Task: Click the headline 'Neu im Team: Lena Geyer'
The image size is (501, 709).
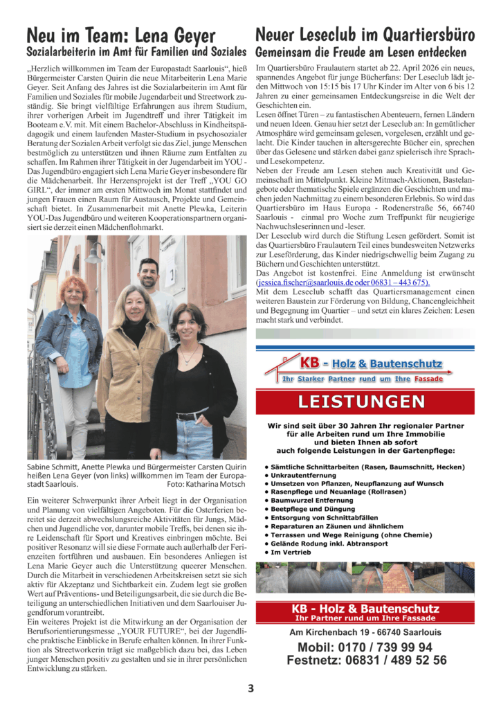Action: [x=121, y=35]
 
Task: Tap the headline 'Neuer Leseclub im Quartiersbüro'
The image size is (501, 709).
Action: [x=365, y=35]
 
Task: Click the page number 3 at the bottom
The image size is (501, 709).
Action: [x=250, y=688]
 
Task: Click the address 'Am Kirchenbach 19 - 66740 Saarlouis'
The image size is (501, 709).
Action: [x=365, y=632]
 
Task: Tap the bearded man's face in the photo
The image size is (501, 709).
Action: [x=150, y=275]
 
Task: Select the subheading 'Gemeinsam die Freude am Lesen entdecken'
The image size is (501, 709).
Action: [x=361, y=53]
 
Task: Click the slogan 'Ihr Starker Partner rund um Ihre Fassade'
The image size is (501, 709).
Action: [x=361, y=379]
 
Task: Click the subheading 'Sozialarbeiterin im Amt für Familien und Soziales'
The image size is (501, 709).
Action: [x=136, y=53]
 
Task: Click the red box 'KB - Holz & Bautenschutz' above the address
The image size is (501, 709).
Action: [x=365, y=612]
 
